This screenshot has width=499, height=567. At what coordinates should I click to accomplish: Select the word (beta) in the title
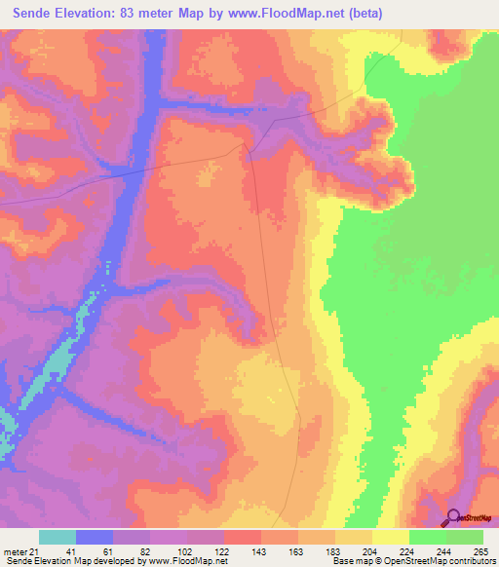pyautogui.click(x=362, y=14)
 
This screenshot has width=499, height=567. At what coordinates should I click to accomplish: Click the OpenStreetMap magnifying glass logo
pyautogui.click(x=452, y=518)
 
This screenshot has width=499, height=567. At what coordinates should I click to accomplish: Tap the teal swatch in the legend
pyautogui.click(x=58, y=537)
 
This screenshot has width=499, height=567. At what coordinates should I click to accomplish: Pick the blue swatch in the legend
pyautogui.click(x=95, y=537)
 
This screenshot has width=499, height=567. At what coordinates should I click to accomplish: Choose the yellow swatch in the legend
pyautogui.click(x=391, y=537)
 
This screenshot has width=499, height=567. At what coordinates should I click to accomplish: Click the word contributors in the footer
pyautogui.click(x=471, y=562)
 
